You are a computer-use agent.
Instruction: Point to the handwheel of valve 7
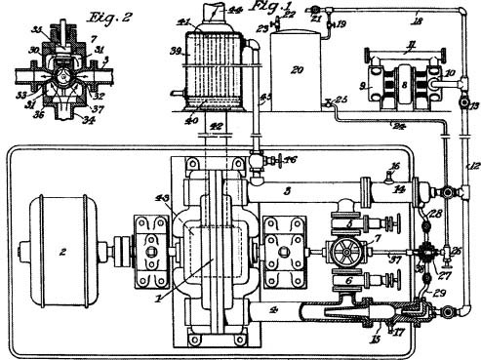pyautogui.click(x=342, y=253)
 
